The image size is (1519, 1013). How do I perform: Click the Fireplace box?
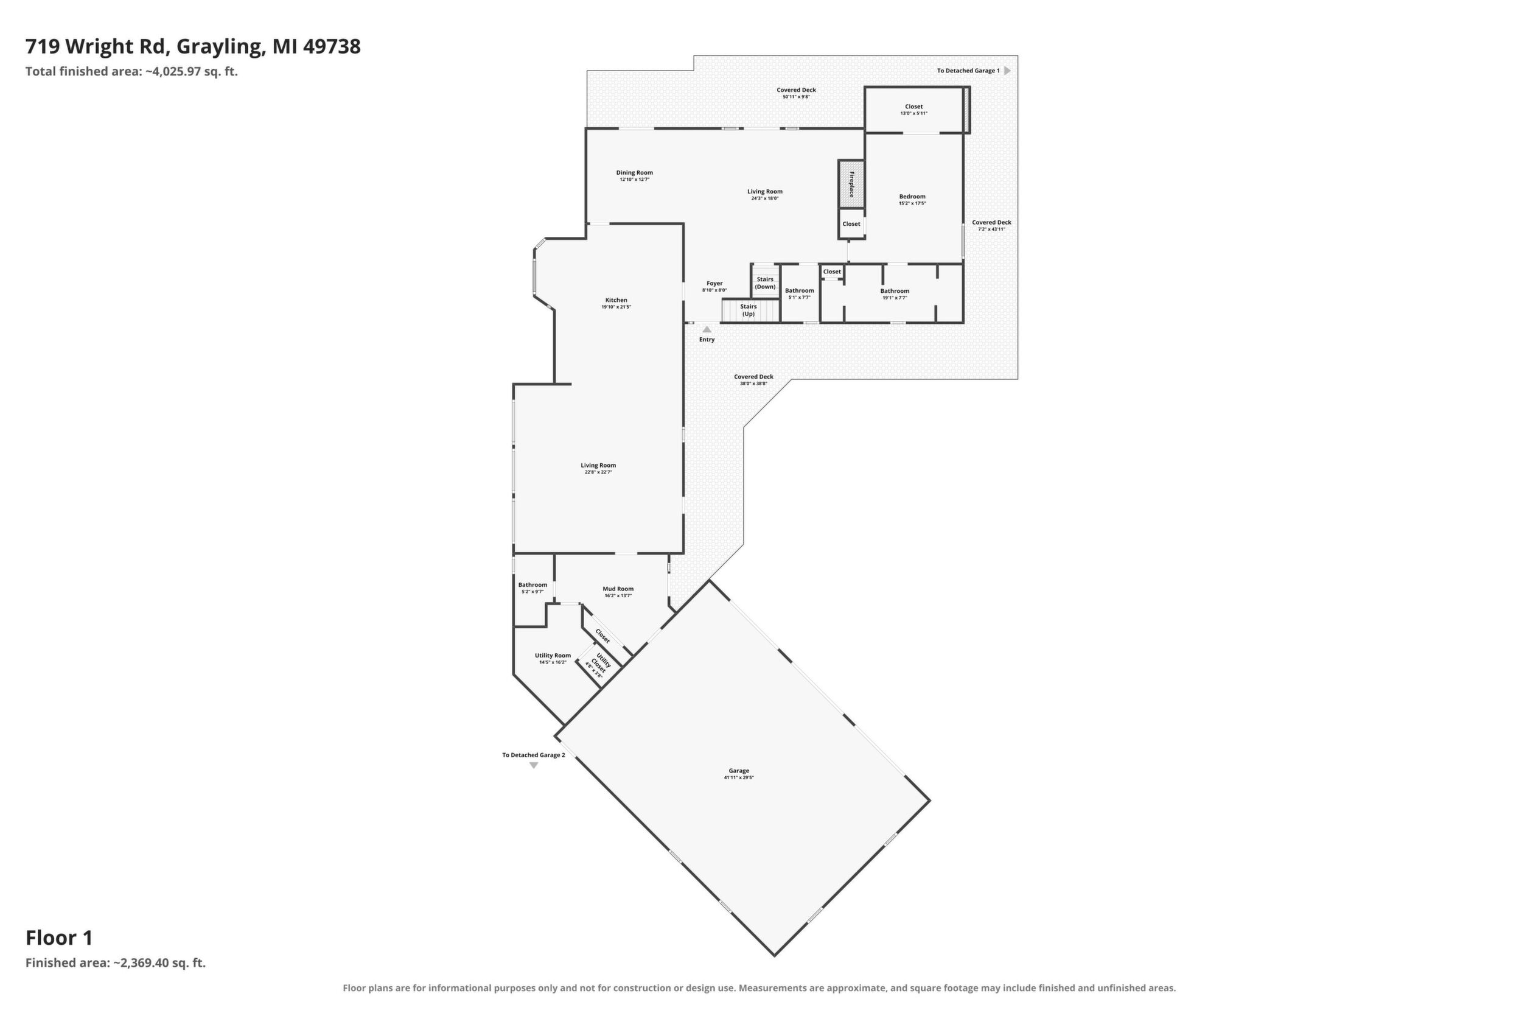tap(851, 184)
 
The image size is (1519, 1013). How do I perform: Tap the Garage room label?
tap(739, 770)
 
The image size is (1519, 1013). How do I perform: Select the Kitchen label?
tap(616, 300)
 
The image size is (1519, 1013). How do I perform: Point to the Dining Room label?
tap(634, 172)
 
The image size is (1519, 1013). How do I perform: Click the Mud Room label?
tap(618, 589)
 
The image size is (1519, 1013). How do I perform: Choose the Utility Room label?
tap(553, 655)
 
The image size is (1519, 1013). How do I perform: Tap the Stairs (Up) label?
tap(749, 310)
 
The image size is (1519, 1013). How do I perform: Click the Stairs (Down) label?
tap(766, 283)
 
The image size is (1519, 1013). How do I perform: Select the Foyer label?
tap(714, 283)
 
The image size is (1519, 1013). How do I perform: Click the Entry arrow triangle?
tap(707, 329)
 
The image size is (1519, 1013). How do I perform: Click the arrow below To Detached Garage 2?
tap(534, 766)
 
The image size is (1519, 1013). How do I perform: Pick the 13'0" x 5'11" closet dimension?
tap(914, 114)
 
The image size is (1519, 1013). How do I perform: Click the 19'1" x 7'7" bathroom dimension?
tap(895, 298)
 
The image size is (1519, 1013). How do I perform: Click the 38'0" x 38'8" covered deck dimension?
tap(753, 384)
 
